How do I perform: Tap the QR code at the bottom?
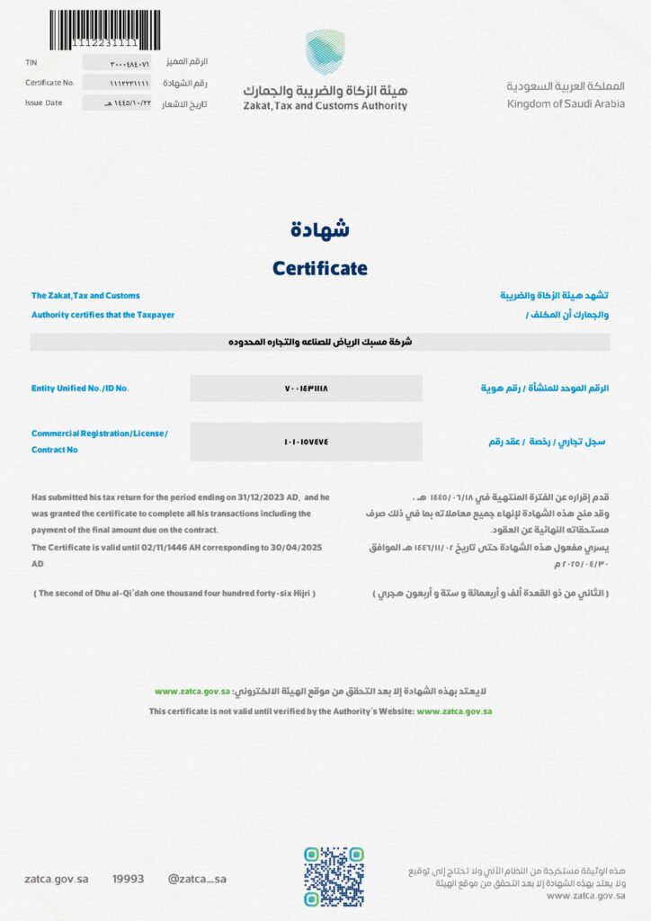[333, 878]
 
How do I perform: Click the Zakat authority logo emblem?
[325, 52]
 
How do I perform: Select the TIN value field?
[119, 62]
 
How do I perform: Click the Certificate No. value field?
[119, 83]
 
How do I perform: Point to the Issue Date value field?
[119, 103]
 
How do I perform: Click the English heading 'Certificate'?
[319, 268]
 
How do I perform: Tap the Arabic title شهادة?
[320, 229]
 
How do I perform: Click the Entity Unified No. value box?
[306, 389]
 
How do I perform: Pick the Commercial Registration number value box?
[306, 442]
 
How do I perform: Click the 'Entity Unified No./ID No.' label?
[80, 389]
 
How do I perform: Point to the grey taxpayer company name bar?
[320, 342]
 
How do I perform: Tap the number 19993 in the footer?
[128, 879]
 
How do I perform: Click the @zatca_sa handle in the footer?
[197, 879]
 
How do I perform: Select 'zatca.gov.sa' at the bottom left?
[56, 879]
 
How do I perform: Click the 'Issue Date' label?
[43, 103]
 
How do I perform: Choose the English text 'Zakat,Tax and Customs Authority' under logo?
[325, 106]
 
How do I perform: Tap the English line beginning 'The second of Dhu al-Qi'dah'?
[174, 594]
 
